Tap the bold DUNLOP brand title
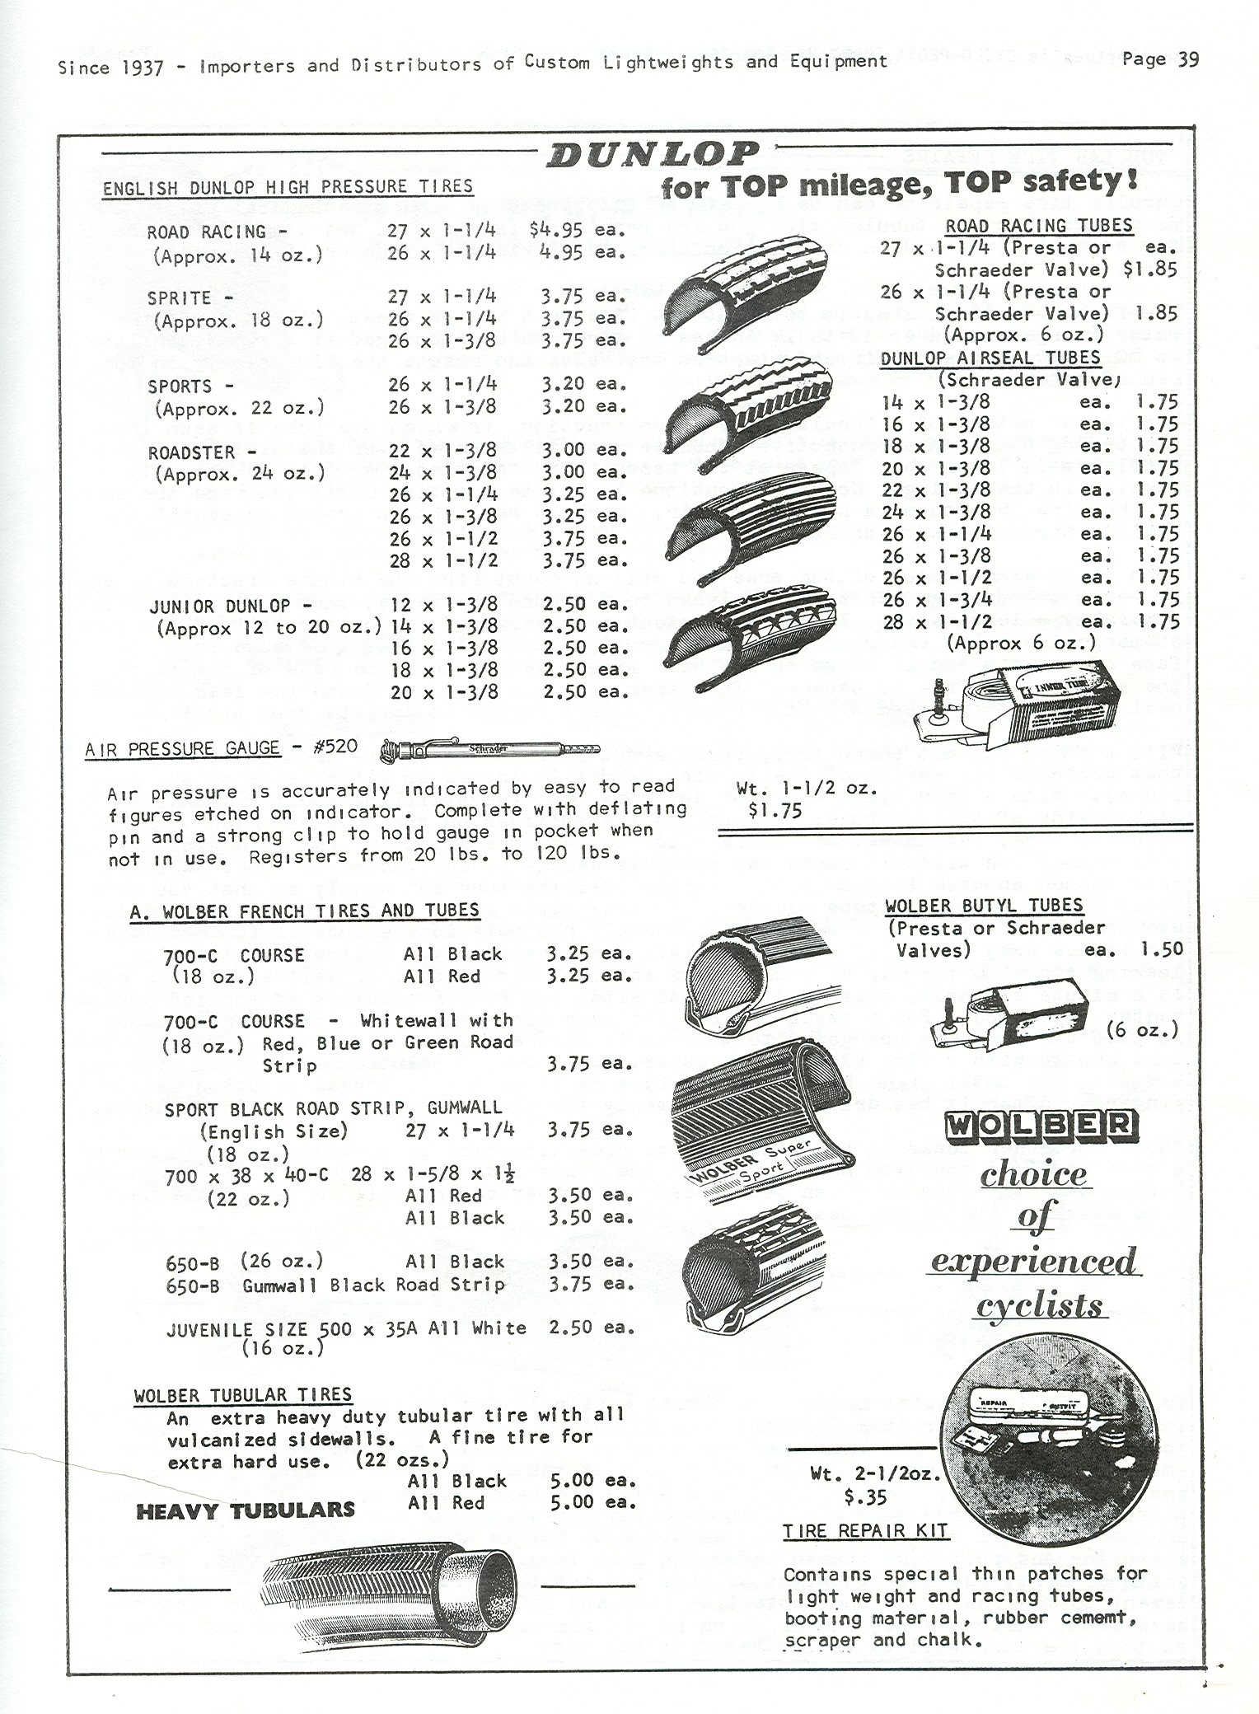pos(652,154)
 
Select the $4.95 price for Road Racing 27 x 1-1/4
pos(558,230)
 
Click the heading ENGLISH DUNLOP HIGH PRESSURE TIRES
pos(288,187)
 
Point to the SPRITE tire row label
pos(179,297)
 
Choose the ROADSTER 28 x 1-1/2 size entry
pos(442,560)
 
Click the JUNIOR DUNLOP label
pos(220,606)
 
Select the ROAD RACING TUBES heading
pos(1038,225)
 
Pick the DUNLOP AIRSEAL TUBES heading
pos(990,358)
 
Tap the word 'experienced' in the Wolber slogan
pos(1034,1262)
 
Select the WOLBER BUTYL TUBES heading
pos(984,906)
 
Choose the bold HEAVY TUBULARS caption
pos(246,1511)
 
